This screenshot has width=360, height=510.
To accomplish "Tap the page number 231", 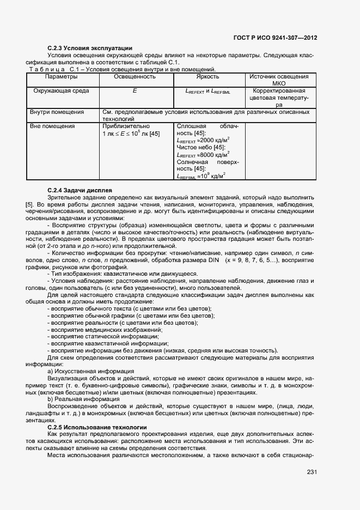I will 312,472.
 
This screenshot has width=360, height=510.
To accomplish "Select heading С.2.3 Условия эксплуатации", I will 90,48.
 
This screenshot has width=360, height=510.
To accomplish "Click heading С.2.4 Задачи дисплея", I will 80,190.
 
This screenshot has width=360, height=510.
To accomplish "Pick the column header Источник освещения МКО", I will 278,81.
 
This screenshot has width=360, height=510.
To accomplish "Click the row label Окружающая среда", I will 62,91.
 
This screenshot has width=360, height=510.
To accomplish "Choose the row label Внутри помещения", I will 58,112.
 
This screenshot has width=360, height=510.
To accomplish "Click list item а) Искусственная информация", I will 91,371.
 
